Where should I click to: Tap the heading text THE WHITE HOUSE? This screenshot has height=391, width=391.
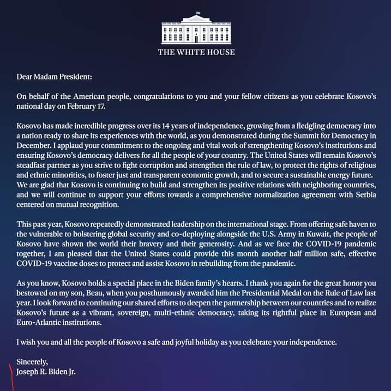point(196,52)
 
